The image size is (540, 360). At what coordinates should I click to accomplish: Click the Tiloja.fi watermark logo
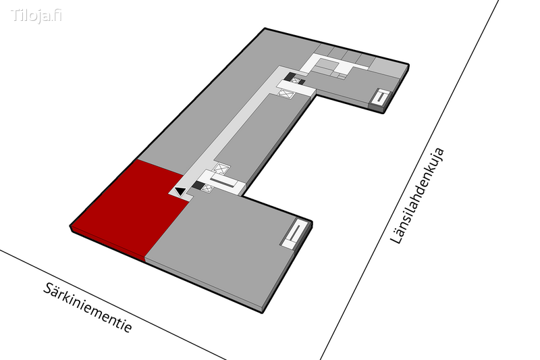[x=36, y=16]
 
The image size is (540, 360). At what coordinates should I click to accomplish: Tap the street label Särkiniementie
[x=88, y=308]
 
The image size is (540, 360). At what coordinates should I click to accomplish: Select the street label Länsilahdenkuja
[x=417, y=196]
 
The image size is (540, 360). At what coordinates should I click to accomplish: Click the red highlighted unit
[x=132, y=207]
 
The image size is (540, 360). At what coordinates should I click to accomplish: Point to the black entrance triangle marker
[x=180, y=191]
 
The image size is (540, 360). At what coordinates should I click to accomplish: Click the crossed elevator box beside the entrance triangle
[x=207, y=188]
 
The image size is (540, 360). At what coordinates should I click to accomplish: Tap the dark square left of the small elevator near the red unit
[x=198, y=185]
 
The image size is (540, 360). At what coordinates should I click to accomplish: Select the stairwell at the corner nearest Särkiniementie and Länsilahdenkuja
[x=294, y=234]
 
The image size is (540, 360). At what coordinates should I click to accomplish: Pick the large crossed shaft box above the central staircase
[x=221, y=168]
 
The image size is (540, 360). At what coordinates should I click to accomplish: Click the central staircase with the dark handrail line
[x=223, y=181]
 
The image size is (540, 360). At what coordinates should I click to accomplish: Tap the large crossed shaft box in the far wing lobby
[x=286, y=93]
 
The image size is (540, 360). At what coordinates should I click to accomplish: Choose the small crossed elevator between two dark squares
[x=296, y=81]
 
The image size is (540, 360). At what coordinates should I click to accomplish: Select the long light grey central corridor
[x=238, y=131]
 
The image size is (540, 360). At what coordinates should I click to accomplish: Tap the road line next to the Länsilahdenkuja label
[x=410, y=180]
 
